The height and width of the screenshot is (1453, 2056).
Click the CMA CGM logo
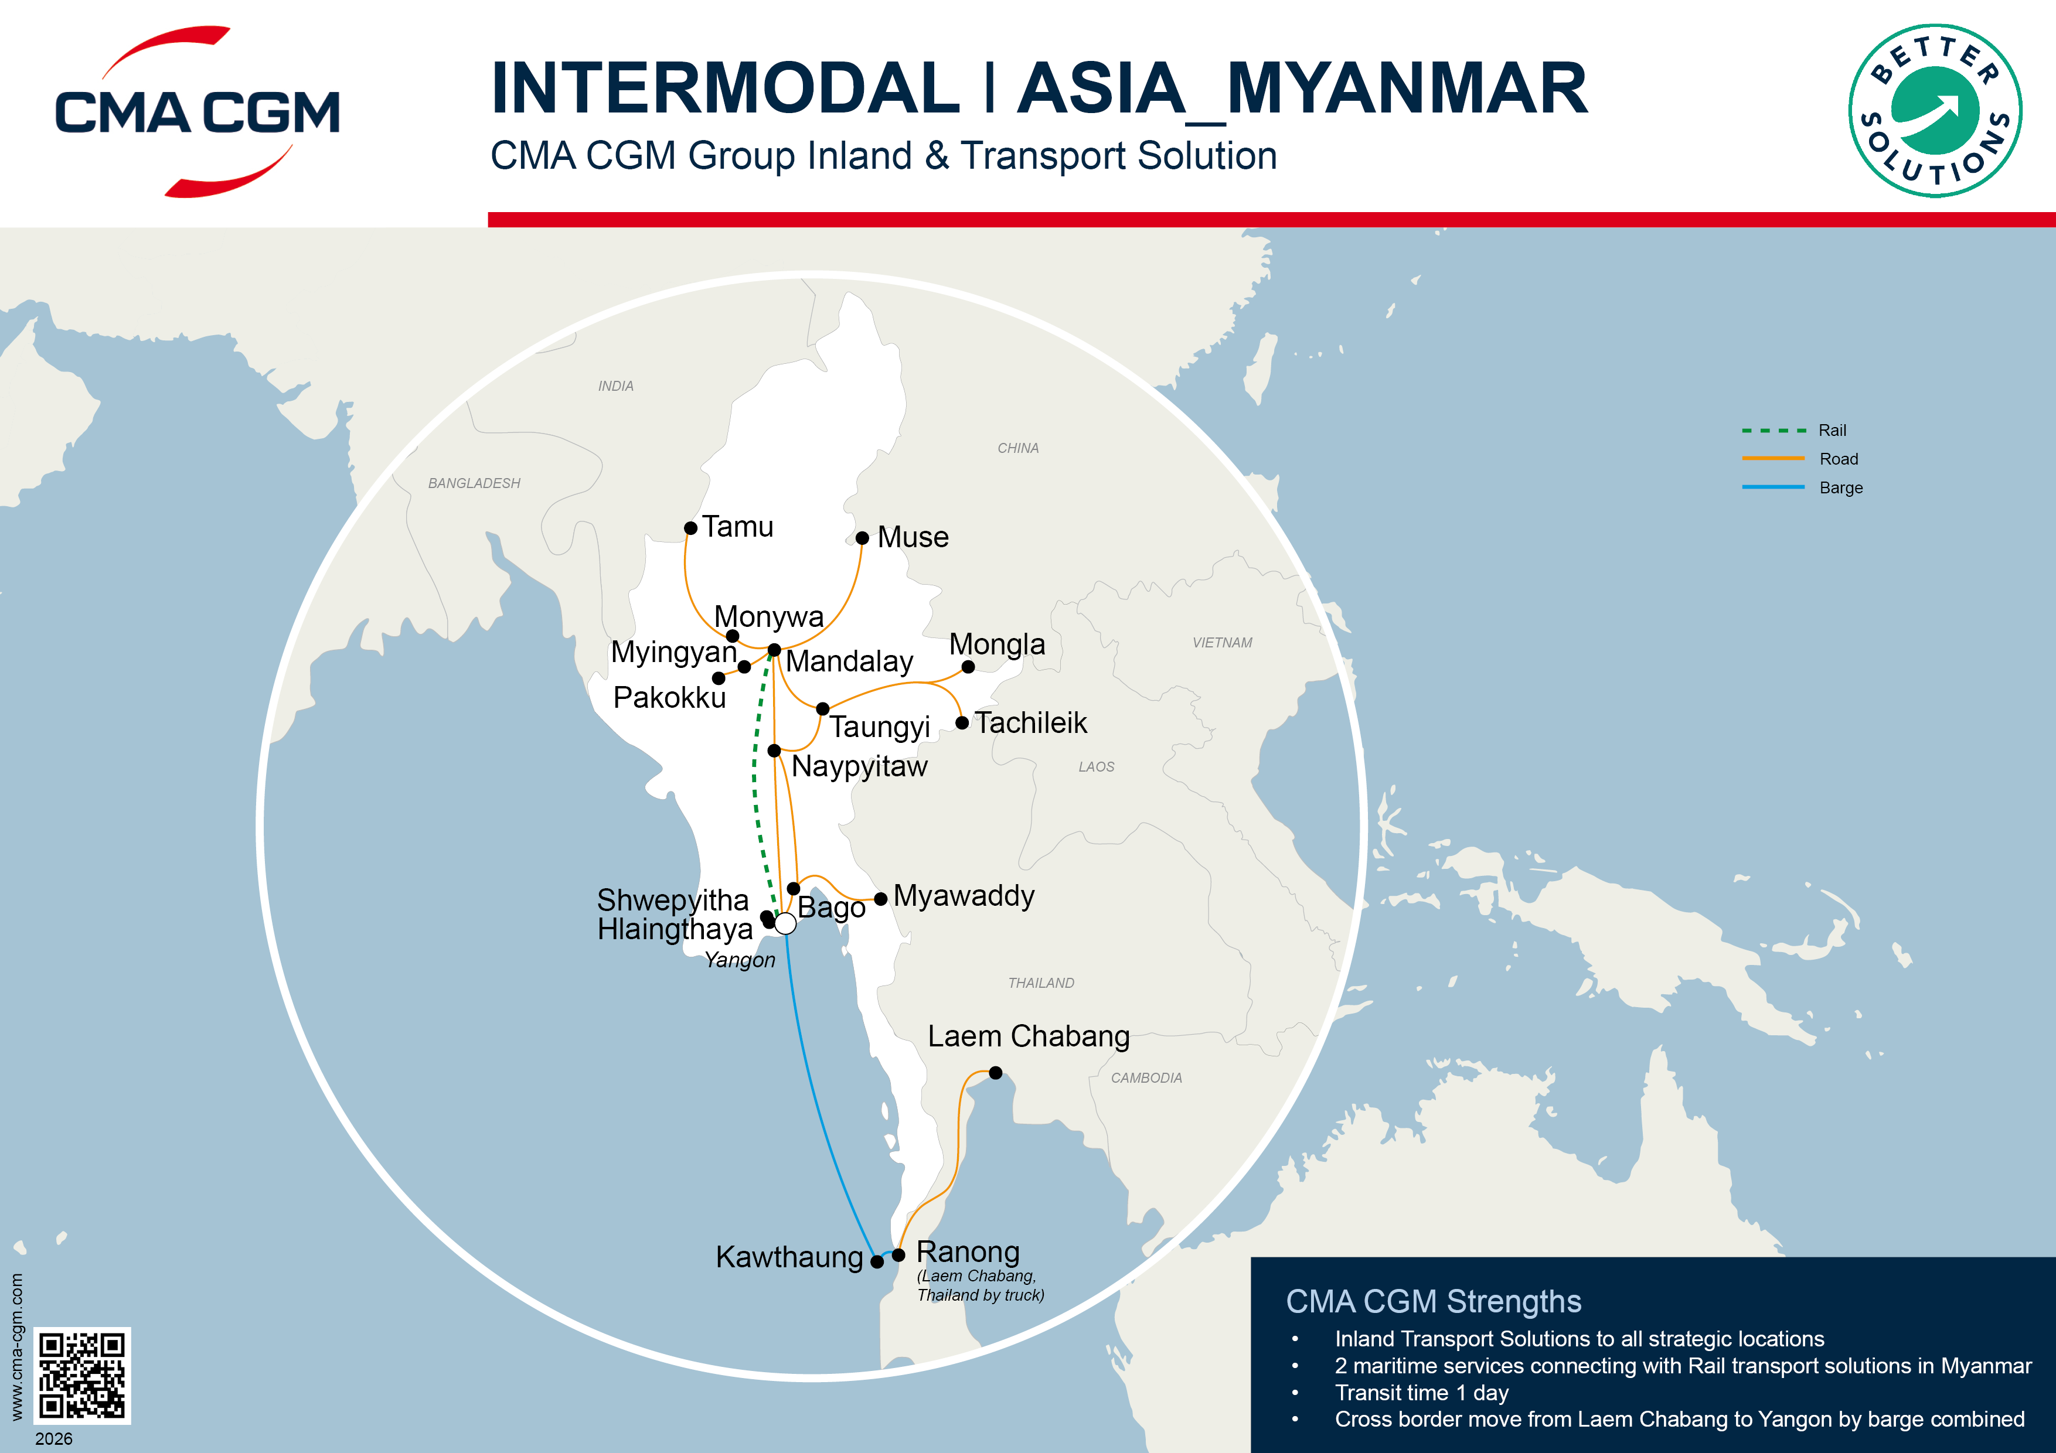coord(197,112)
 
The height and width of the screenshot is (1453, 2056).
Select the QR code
coord(83,1375)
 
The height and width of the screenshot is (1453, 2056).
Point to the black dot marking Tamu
coord(690,528)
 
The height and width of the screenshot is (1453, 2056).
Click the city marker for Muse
coord(862,538)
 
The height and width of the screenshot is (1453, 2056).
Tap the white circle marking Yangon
coord(785,923)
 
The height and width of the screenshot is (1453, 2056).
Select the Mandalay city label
coord(849,661)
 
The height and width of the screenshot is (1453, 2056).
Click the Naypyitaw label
coord(859,766)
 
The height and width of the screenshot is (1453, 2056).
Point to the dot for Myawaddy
coord(881,899)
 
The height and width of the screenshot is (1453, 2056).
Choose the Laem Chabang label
coord(1028,1036)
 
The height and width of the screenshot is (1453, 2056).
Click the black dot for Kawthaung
coord(877,1261)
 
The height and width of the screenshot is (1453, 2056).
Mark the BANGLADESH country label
coord(474,483)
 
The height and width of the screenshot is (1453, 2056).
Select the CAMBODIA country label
coord(1146,1078)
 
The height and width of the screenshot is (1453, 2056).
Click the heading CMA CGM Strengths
coord(1433,1301)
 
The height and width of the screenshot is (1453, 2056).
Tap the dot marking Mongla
coord(968,667)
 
